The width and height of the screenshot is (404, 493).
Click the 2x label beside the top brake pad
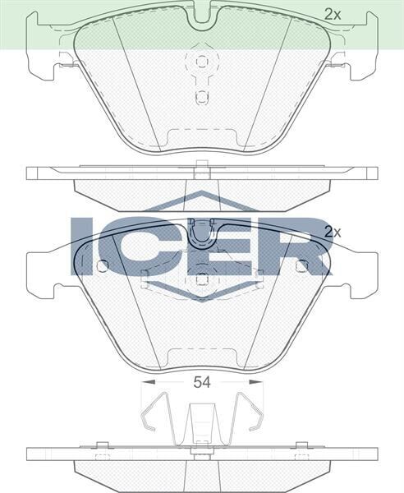tap(332, 13)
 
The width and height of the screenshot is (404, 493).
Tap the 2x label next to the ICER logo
tap(332, 232)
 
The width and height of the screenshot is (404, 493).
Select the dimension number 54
tap(202, 381)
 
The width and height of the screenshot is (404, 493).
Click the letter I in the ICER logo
tap(83, 245)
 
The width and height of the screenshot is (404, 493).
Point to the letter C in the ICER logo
tap(139, 245)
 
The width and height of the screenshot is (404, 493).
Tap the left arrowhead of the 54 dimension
tap(145, 381)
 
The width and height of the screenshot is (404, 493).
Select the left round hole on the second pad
tap(102, 265)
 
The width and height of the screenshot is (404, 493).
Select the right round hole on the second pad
tap(301, 265)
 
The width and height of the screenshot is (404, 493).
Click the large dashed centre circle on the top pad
tap(201, 62)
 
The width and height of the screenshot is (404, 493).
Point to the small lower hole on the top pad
tap(201, 96)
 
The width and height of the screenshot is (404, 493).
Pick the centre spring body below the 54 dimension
tap(201, 423)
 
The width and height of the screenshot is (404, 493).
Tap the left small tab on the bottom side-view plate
tap(102, 445)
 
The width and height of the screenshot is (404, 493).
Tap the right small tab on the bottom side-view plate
tap(301, 445)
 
